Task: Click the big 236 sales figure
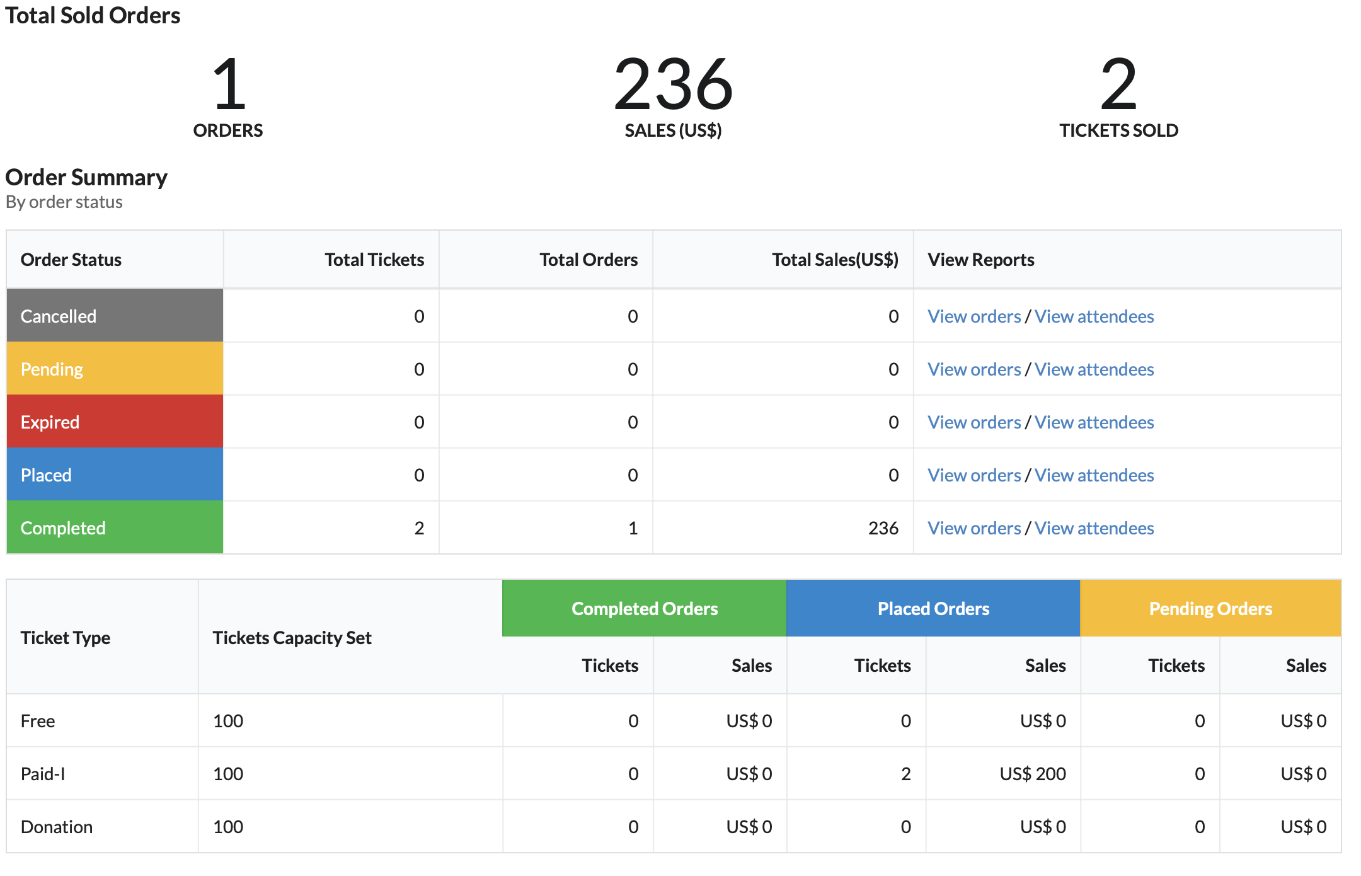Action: [673, 83]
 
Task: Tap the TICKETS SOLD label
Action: [1118, 130]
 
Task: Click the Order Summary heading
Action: [86, 178]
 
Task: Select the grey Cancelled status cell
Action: [115, 316]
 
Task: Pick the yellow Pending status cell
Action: [115, 369]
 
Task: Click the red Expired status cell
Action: [115, 422]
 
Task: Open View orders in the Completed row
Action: [974, 528]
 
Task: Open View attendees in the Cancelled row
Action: [1094, 316]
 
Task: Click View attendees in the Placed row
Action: [1094, 475]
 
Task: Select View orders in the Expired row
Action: [974, 422]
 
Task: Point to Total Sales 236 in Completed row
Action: [883, 528]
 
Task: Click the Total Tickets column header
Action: [374, 260]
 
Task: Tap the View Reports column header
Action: [981, 260]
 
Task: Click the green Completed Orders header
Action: [645, 608]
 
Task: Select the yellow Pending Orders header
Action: [1210, 608]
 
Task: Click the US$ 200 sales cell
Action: [1033, 774]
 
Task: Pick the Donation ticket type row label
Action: [57, 827]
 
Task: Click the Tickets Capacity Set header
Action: [292, 638]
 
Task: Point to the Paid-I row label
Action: [43, 774]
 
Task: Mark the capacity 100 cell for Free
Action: [228, 721]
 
